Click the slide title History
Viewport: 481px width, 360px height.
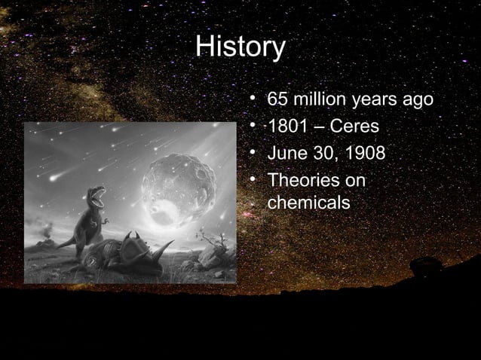pyautogui.click(x=240, y=48)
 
